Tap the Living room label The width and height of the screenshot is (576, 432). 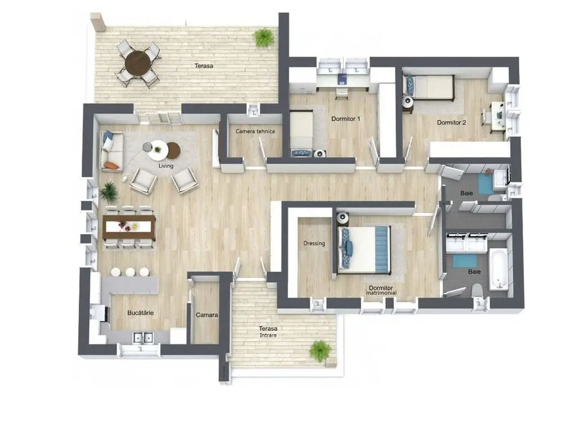166,166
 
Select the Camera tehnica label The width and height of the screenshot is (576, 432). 255,131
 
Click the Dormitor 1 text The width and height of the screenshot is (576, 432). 346,119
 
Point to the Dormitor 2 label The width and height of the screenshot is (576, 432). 452,122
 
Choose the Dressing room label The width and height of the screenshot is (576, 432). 314,243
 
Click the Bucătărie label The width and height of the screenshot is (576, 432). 140,313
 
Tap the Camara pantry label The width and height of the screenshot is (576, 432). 207,315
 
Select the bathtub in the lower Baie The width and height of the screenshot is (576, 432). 498,269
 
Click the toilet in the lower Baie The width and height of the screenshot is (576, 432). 477,290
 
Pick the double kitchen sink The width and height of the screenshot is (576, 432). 143,337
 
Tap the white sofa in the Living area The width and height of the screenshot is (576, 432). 111,151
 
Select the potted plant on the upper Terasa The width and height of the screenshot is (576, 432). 264,38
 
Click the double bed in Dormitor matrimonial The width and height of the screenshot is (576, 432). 364,250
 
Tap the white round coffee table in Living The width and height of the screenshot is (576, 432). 158,150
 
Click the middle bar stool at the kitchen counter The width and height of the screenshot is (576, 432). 130,272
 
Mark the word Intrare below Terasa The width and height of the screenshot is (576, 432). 268,335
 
